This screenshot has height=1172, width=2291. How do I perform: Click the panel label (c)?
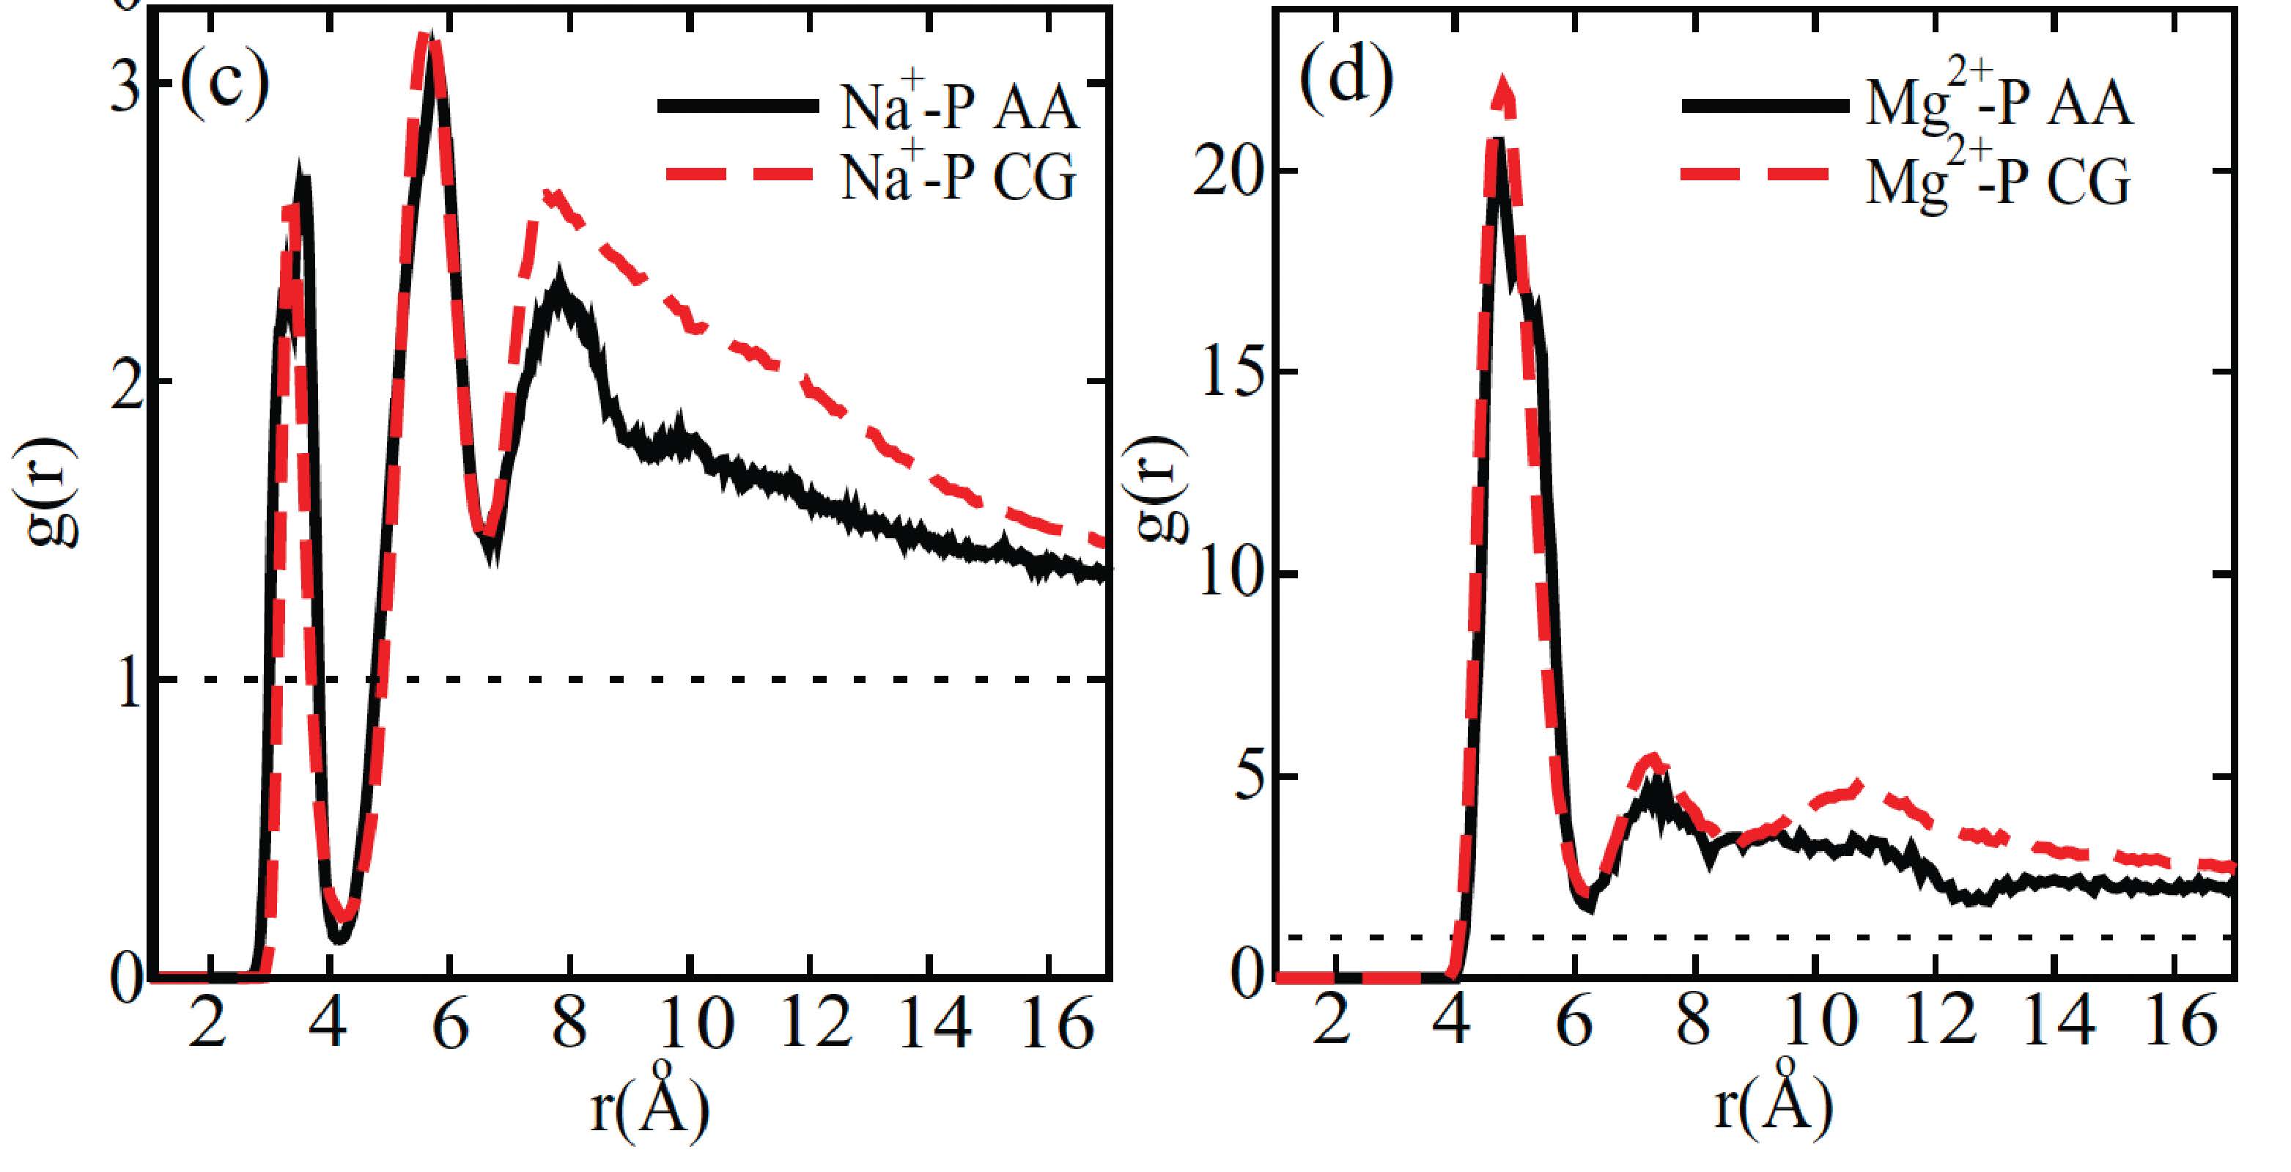pos(224,85)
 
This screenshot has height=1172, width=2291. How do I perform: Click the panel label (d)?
pos(1346,80)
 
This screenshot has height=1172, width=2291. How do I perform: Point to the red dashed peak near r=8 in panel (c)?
pos(551,193)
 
